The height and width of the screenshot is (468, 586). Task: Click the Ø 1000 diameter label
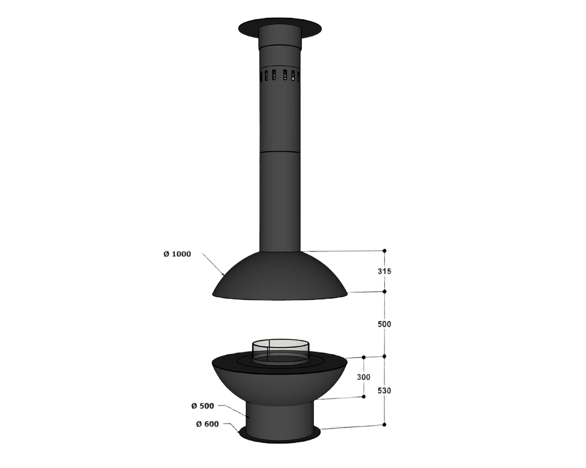177,254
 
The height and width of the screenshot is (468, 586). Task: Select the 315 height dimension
384,271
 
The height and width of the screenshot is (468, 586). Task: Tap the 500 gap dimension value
384,324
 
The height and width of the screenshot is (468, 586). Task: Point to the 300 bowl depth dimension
364,377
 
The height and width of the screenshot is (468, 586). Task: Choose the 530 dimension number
384,391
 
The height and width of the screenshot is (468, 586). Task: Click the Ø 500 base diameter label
203,406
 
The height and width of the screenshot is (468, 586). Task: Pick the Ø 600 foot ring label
207,424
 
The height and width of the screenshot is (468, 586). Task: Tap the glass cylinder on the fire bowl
280,351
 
